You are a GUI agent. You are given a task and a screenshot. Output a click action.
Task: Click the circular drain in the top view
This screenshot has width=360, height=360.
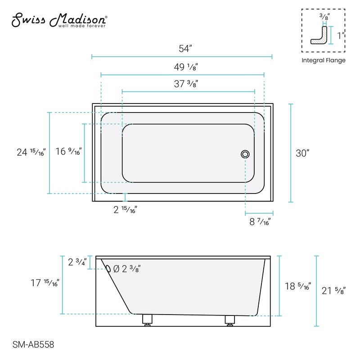coord(245,154)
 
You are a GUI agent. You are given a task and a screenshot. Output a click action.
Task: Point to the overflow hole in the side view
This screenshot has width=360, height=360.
coord(108,269)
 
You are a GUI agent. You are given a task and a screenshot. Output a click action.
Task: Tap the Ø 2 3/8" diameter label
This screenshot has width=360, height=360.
coord(127,269)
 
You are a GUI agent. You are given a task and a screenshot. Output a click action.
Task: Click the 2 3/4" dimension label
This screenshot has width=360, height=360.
coord(77,262)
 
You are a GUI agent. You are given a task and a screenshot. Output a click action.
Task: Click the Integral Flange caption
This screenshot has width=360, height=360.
coord(323,60)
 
